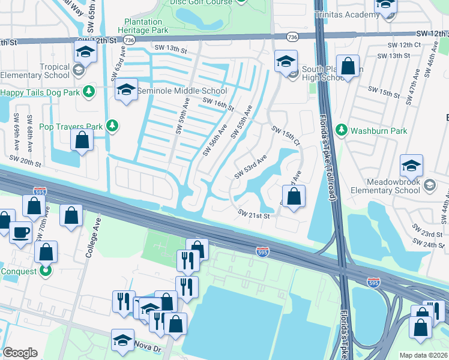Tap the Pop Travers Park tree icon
pyautogui.click(x=111, y=125)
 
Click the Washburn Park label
pyautogui.click(x=379, y=131)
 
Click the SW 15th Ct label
pyautogui.click(x=286, y=136)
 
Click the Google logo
pyautogui.click(x=20, y=353)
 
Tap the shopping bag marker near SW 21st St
pyautogui.click(x=294, y=196)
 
